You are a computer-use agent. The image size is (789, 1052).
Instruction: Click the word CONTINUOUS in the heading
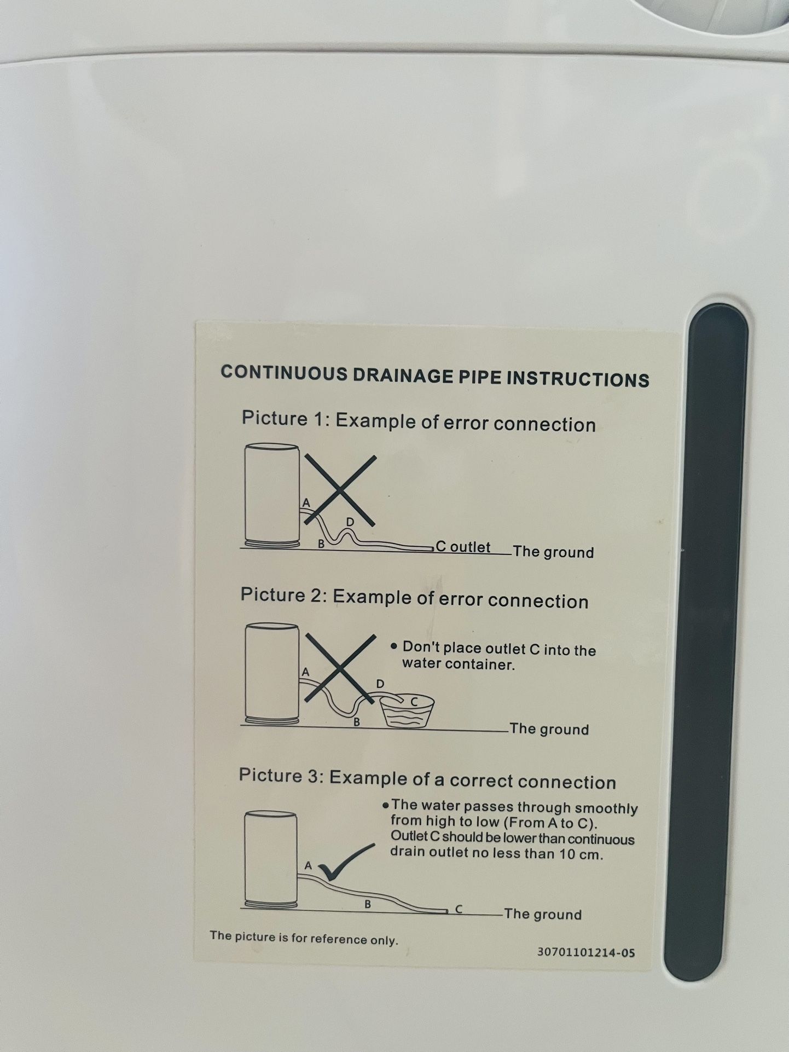click(x=283, y=373)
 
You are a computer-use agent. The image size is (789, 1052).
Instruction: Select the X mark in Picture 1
click(x=340, y=490)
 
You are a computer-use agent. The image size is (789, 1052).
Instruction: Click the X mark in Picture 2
click(x=340, y=667)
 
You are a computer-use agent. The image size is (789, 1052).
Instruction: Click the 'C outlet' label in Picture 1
click(x=463, y=547)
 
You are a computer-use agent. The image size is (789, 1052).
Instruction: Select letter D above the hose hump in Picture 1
click(x=350, y=522)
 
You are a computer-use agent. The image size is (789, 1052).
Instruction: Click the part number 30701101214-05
click(x=586, y=952)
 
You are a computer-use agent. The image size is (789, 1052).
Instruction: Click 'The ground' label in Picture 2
click(x=549, y=729)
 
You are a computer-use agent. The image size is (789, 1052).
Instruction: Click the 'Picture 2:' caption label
click(x=284, y=594)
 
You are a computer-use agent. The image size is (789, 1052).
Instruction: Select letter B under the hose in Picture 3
click(x=368, y=905)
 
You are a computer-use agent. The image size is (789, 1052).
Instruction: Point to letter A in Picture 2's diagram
click(x=305, y=671)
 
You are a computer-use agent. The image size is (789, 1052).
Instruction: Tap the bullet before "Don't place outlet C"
click(x=393, y=646)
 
